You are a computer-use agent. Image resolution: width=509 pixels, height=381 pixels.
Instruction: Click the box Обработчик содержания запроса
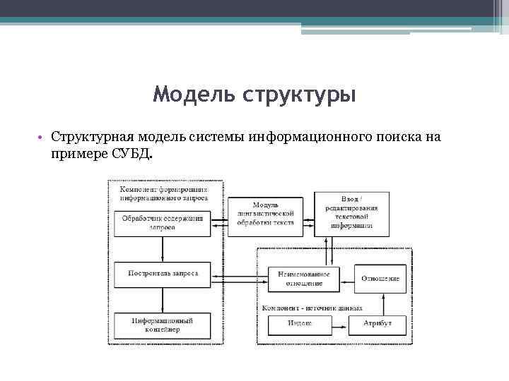[163, 224]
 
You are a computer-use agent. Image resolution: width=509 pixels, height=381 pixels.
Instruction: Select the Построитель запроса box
[163, 274]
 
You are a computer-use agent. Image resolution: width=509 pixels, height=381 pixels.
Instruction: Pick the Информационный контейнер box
[163, 325]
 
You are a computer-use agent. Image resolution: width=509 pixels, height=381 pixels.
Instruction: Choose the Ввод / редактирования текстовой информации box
[351, 214]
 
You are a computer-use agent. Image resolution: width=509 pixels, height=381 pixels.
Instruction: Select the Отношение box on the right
[380, 278]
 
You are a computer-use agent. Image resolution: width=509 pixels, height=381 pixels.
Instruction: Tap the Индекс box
[300, 324]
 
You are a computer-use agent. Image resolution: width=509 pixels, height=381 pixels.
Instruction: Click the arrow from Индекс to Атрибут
[340, 324]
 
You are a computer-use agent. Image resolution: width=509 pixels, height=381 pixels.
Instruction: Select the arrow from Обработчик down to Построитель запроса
[163, 249]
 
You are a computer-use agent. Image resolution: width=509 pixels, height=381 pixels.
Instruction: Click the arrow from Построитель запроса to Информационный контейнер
[163, 301]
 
